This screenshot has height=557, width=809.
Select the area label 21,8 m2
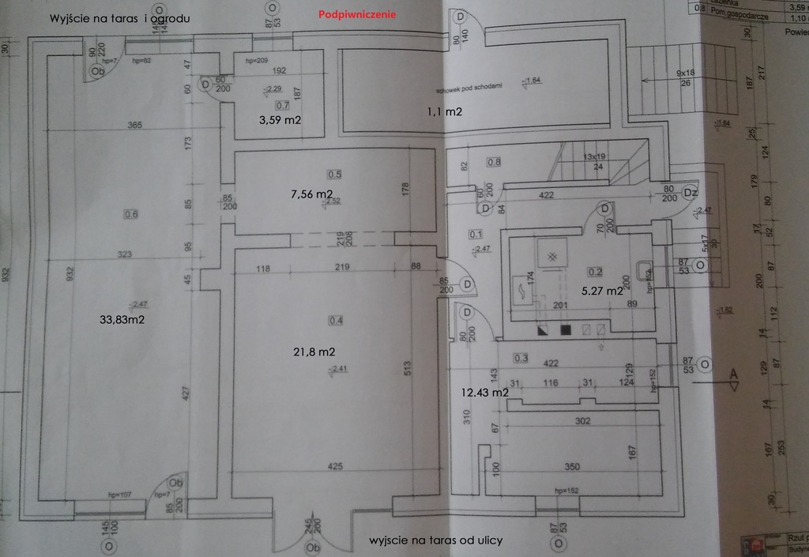314,351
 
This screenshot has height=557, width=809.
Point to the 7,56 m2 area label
311,194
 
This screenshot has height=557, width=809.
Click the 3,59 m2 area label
281,119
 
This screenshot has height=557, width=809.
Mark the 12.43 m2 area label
484,392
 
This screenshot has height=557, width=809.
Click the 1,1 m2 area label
444,112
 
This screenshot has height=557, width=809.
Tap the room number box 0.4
335,320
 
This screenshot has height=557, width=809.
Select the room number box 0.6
131,213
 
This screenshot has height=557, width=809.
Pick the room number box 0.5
335,174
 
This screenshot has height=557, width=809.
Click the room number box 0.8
494,163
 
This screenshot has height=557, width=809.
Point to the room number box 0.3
521,358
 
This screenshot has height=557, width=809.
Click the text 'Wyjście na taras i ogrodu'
119,17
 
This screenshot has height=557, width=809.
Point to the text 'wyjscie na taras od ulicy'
436,540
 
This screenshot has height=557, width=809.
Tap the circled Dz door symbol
689,192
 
